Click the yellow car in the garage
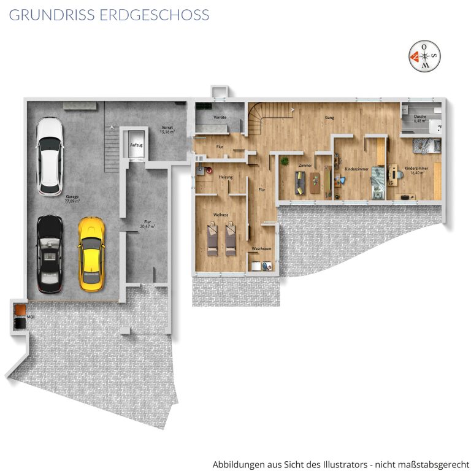[91, 254]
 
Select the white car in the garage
[50, 157]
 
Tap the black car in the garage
[50, 254]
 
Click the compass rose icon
[424, 56]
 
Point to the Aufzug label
[136, 145]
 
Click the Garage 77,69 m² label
[72, 199]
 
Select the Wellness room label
[221, 215]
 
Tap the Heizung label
[226, 177]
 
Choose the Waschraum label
[261, 249]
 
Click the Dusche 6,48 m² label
[420, 118]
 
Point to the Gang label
[329, 118]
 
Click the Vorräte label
[220, 117]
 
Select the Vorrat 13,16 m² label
[167, 129]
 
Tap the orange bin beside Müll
[20, 310]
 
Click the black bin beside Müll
[20, 324]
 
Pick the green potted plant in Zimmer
[285, 161]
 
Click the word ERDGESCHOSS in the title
[155, 15]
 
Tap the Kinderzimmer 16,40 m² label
[416, 170]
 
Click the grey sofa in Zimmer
[300, 183]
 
